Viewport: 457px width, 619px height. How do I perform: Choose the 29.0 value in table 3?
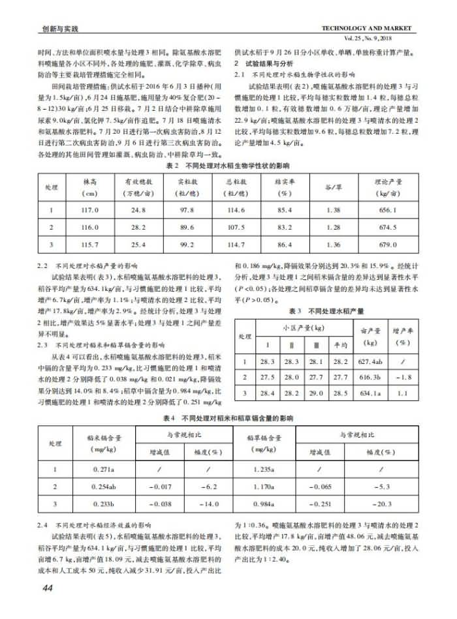click(x=316, y=393)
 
